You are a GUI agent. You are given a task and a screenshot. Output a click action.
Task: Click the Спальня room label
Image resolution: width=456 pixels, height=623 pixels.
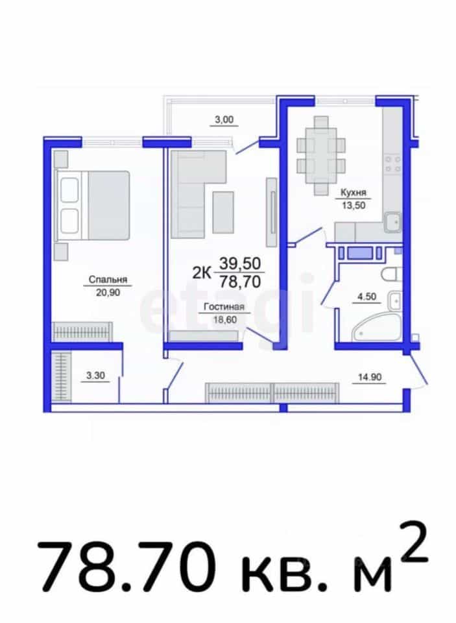pyautogui.click(x=108, y=280)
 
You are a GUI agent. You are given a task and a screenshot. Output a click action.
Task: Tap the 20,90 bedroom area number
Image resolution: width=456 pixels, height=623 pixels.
pyautogui.click(x=108, y=293)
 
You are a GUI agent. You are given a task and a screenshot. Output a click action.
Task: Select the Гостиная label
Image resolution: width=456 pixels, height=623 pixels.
pyautogui.click(x=224, y=307)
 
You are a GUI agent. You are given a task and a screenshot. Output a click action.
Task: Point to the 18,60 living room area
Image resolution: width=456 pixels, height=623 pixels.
pyautogui.click(x=225, y=319)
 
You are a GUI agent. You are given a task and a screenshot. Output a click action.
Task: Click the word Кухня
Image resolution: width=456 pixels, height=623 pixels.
pyautogui.click(x=354, y=193)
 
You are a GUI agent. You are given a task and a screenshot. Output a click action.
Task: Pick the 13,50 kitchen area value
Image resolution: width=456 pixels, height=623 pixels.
pyautogui.click(x=354, y=206)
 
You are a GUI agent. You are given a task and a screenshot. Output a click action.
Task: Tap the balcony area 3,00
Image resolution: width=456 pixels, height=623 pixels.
pyautogui.click(x=224, y=119)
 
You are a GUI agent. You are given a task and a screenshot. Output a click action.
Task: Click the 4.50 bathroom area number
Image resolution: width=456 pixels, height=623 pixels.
pyautogui.click(x=366, y=297)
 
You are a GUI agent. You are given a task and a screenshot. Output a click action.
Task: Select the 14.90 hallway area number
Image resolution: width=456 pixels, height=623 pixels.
pyautogui.click(x=370, y=377)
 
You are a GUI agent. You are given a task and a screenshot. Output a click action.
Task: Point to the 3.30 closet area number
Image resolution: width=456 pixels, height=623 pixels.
pyautogui.click(x=95, y=375)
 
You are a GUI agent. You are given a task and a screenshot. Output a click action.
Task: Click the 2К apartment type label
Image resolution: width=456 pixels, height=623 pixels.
pyautogui.click(x=202, y=273)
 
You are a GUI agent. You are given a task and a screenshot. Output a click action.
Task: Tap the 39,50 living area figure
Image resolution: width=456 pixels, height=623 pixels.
pyautogui.click(x=240, y=263)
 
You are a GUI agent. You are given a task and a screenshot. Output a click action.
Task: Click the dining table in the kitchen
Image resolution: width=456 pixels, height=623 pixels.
pyautogui.click(x=321, y=155)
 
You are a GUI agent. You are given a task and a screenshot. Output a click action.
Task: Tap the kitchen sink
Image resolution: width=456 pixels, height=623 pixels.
pyautogui.click(x=392, y=222)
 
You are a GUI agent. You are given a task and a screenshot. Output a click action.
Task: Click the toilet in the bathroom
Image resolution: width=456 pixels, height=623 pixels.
pyautogui.click(x=392, y=274)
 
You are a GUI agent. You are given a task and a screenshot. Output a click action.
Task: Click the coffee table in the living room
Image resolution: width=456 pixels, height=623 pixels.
pyautogui.click(x=223, y=212)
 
